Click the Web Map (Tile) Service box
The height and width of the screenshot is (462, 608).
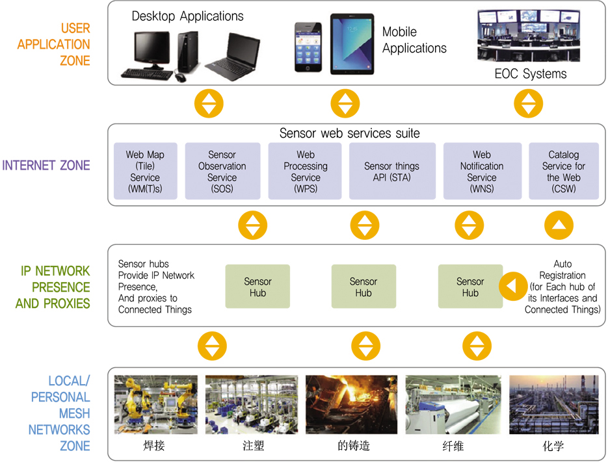click(x=146, y=171)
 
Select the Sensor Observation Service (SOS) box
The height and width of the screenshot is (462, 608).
click(x=222, y=171)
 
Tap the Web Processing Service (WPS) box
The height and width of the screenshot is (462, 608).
click(x=305, y=171)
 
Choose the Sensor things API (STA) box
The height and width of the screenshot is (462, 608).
click(x=392, y=171)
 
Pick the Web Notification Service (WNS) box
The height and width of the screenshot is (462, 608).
click(x=482, y=171)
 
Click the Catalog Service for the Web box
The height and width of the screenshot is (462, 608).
click(x=564, y=171)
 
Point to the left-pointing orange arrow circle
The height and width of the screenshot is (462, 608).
click(x=513, y=286)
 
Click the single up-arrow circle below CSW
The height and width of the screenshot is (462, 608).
click(x=559, y=225)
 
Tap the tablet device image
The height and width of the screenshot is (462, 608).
click(x=352, y=44)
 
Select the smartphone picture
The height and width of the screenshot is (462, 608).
click(x=308, y=47)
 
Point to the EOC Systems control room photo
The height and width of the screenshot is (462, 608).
click(x=529, y=36)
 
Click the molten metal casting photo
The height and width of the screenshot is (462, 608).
click(x=351, y=404)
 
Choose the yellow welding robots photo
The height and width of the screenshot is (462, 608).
click(x=156, y=404)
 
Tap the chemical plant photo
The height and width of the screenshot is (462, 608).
click(x=554, y=404)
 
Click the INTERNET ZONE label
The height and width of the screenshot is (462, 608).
click(x=46, y=166)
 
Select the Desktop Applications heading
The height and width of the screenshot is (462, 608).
click(x=188, y=16)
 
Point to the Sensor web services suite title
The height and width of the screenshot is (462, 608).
click(x=350, y=133)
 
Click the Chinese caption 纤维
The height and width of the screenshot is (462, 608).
click(x=453, y=446)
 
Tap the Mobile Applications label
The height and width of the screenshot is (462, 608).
click(x=414, y=40)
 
